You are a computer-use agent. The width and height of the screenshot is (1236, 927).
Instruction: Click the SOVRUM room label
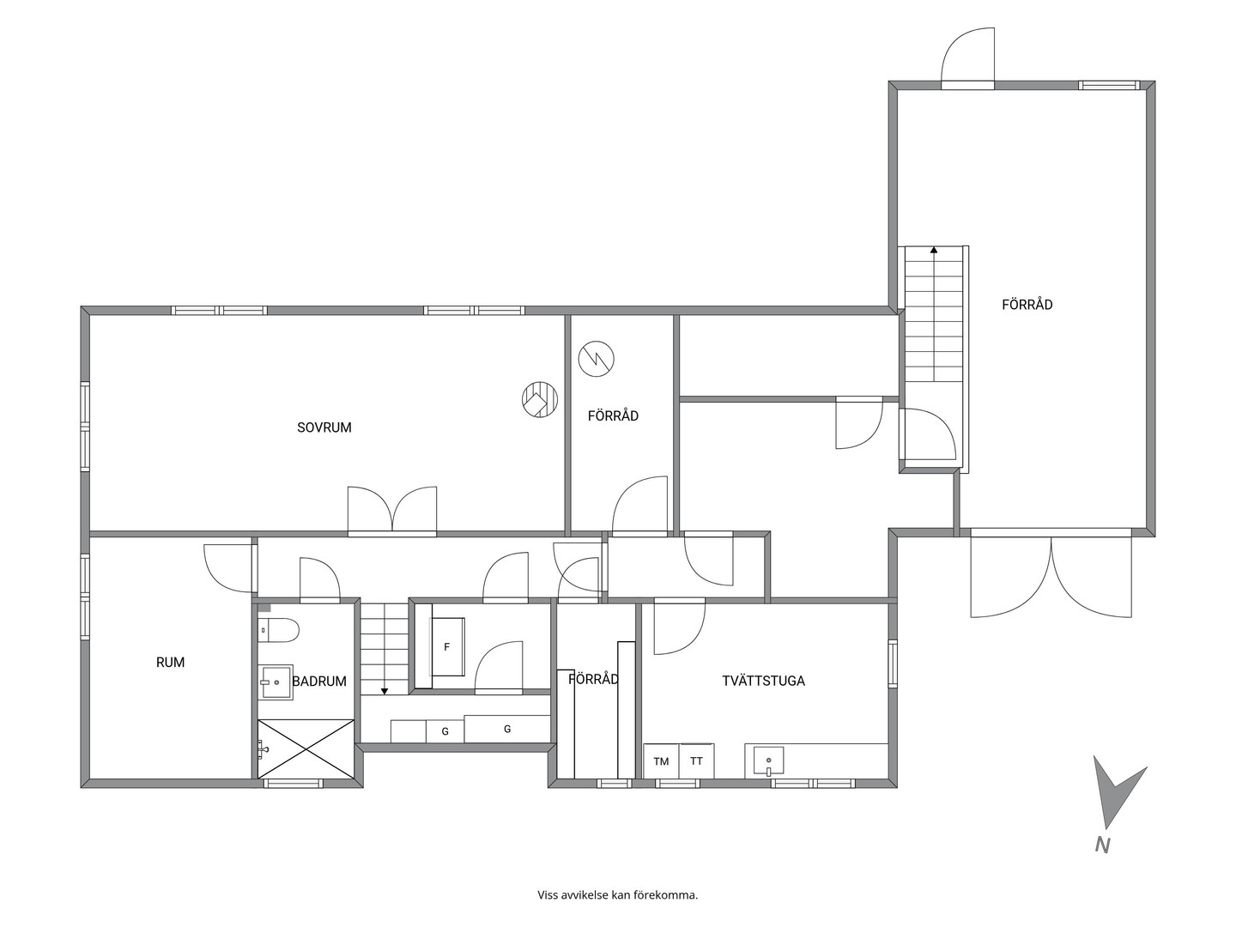click(x=324, y=427)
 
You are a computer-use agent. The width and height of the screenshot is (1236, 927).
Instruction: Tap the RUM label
click(x=170, y=663)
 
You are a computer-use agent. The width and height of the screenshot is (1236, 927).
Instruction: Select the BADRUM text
click(x=319, y=682)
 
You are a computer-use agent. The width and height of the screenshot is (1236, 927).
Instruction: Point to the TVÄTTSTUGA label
click(x=764, y=681)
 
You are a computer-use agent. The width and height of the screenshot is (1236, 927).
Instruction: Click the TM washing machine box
click(x=662, y=761)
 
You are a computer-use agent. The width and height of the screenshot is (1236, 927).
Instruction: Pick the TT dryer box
click(x=697, y=761)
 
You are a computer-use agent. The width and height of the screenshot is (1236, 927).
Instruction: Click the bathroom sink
click(x=276, y=682)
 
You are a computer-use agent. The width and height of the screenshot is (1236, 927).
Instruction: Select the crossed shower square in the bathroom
click(x=306, y=748)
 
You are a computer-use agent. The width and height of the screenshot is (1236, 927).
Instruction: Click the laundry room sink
click(x=768, y=761)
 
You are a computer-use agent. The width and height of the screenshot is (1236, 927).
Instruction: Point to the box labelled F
click(x=448, y=646)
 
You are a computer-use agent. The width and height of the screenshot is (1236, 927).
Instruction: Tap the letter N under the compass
click(x=1103, y=861)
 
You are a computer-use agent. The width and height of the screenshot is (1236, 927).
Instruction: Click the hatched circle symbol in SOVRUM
click(x=539, y=400)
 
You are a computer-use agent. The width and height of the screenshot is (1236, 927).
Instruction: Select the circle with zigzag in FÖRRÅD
click(x=596, y=359)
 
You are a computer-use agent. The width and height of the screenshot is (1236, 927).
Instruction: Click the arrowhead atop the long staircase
click(x=934, y=249)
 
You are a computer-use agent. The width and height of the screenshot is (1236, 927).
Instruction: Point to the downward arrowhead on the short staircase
click(x=385, y=691)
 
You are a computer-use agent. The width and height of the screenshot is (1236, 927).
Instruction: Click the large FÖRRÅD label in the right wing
click(x=1027, y=305)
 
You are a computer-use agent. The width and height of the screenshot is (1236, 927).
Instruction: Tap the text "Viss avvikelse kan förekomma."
click(x=618, y=895)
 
